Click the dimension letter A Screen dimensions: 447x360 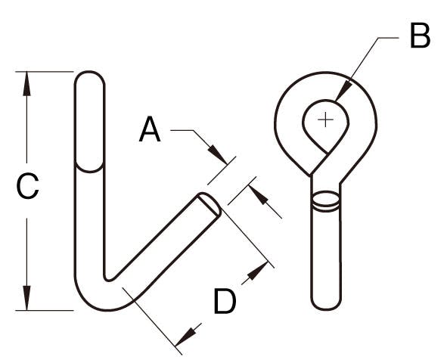150,129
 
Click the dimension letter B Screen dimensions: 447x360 420,36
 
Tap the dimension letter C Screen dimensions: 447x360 27,186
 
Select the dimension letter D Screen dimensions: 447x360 225,301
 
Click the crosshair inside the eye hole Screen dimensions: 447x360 325,119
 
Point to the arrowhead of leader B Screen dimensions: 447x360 343,91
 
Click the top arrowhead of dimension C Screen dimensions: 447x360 26,83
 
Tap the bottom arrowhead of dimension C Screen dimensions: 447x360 26,298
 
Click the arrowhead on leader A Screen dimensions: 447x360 218,155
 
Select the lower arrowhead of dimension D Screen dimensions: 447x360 185,337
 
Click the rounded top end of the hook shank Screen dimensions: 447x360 90,79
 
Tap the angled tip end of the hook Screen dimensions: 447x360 210,204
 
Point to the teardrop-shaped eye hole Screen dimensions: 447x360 325,124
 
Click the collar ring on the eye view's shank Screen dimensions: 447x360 325,201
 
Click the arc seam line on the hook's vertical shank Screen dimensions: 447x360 89,168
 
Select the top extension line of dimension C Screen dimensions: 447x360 44,72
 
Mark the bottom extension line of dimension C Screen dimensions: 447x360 44,310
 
